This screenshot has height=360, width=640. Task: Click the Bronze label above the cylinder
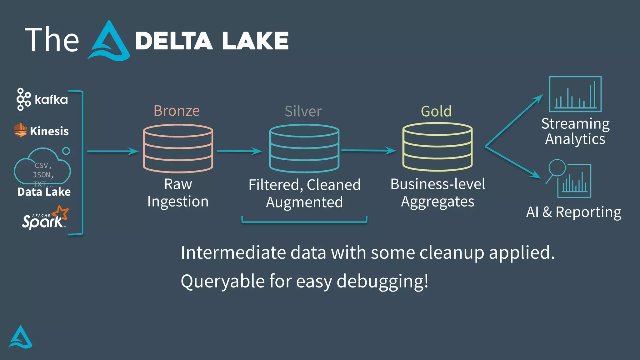pyautogui.click(x=177, y=111)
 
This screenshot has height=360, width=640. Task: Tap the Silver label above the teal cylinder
pyautogui.click(x=303, y=111)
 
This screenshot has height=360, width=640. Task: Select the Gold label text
pyautogui.click(x=436, y=111)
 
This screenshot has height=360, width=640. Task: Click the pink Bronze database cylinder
pyautogui.click(x=178, y=149)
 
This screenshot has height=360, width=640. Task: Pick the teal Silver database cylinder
pyautogui.click(x=304, y=149)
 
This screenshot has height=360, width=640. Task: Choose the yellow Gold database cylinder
pyautogui.click(x=437, y=147)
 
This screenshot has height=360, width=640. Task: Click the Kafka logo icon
pyautogui.click(x=23, y=99)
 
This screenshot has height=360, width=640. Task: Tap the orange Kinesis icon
pyautogui.click(x=20, y=130)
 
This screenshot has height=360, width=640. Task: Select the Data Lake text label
pyautogui.click(x=44, y=192)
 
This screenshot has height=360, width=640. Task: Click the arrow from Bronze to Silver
pyautogui.click(x=239, y=151)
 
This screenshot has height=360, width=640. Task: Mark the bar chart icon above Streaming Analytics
pyautogui.click(x=575, y=94)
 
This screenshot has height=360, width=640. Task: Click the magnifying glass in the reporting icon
pyautogui.click(x=557, y=168)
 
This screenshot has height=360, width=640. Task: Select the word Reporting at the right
pyautogui.click(x=588, y=212)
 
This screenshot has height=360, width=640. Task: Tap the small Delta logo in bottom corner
pyautogui.click(x=21, y=337)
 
